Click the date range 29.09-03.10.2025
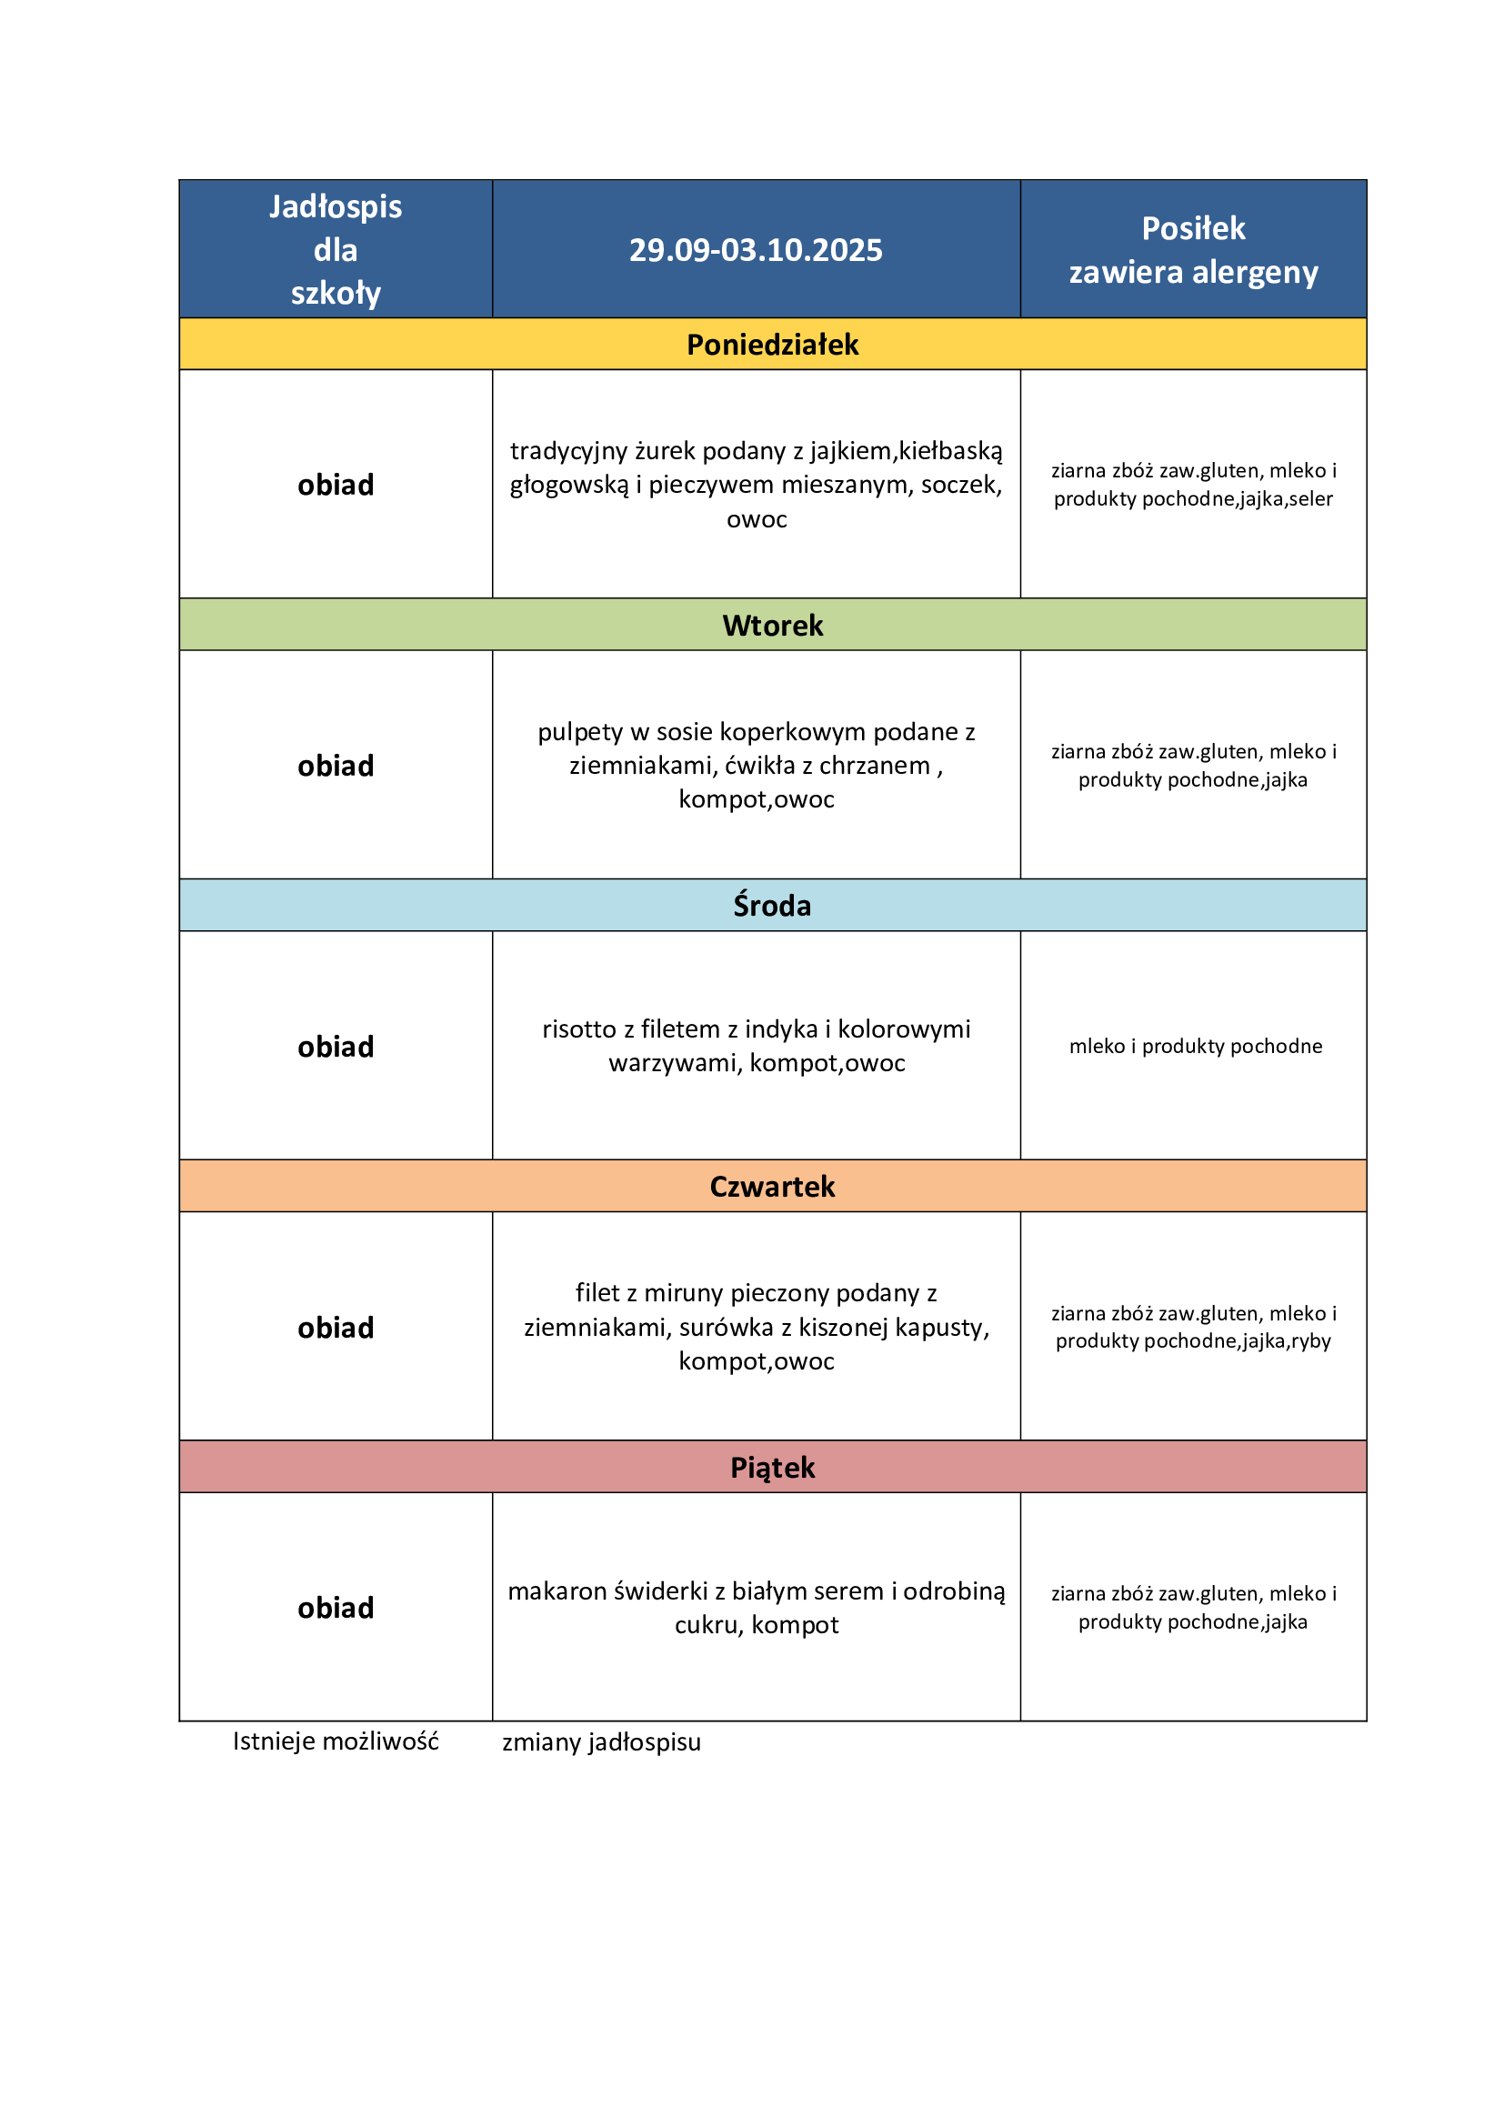click(755, 250)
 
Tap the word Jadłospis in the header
click(336, 206)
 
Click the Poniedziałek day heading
click(772, 345)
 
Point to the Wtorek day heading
click(772, 626)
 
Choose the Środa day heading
click(772, 905)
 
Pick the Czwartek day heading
click(772, 1187)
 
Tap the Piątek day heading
click(772, 1468)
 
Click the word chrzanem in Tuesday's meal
click(874, 766)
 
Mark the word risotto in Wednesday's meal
click(579, 1029)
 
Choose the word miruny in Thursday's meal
click(685, 1293)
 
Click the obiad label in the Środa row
click(336, 1047)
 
